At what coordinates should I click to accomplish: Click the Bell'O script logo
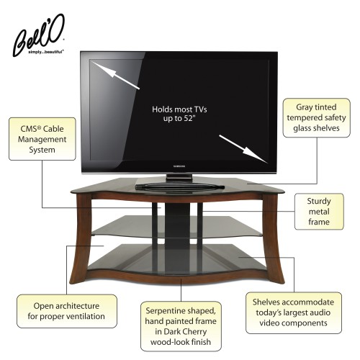38,34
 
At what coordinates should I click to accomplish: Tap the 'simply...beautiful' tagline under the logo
46,52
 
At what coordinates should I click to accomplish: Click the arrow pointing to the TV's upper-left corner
115,75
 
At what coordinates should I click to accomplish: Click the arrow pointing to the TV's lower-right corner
243,149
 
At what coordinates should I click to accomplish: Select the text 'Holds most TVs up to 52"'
179,114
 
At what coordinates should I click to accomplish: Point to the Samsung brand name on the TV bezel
179,166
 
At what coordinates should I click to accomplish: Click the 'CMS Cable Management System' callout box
42,139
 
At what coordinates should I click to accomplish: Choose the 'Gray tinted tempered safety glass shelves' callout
316,117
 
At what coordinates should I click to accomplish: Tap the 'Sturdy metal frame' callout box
319,212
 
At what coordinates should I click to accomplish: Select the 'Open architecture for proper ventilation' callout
67,311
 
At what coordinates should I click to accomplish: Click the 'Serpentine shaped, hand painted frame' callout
181,326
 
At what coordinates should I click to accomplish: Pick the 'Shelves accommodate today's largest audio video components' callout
294,312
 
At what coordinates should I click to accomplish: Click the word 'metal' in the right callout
319,212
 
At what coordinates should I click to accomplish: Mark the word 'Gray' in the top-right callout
304,107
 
